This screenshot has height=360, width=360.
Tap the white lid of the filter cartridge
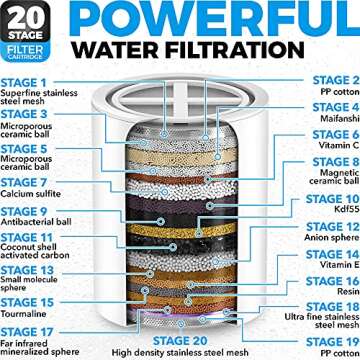click(182, 94)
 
